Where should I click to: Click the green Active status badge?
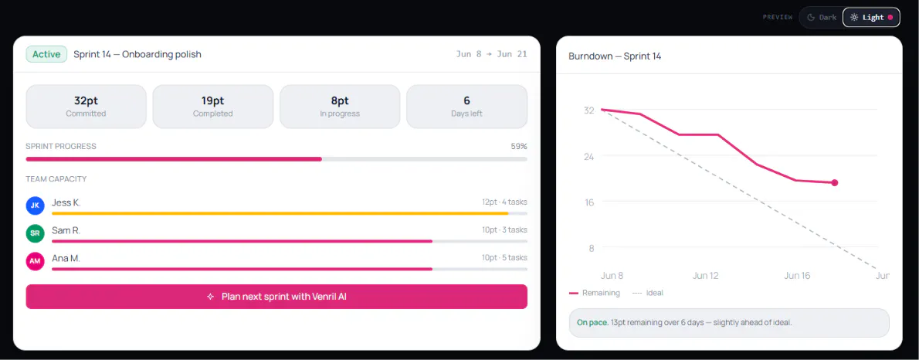[x=46, y=55]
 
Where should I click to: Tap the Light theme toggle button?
[x=871, y=17]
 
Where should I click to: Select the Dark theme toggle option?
[x=822, y=17]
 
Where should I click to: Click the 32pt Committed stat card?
[x=86, y=106]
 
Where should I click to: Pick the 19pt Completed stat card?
[x=212, y=106]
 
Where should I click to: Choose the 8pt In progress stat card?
[x=340, y=106]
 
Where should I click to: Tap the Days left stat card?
[x=466, y=106]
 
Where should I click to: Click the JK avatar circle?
[x=36, y=205]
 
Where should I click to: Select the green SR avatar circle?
[x=36, y=233]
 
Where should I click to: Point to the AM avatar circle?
[x=36, y=261]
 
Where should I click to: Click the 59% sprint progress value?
[x=519, y=146]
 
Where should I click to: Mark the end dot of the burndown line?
[x=835, y=183]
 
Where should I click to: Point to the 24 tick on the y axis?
[x=588, y=156]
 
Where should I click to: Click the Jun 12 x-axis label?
[x=705, y=276]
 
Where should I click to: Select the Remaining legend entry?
[x=595, y=293]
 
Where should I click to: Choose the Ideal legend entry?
[x=648, y=293]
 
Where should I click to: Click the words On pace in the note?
[x=592, y=322]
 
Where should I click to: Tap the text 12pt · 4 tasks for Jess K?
[x=504, y=202]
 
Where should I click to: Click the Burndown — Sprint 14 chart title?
[x=615, y=56]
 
